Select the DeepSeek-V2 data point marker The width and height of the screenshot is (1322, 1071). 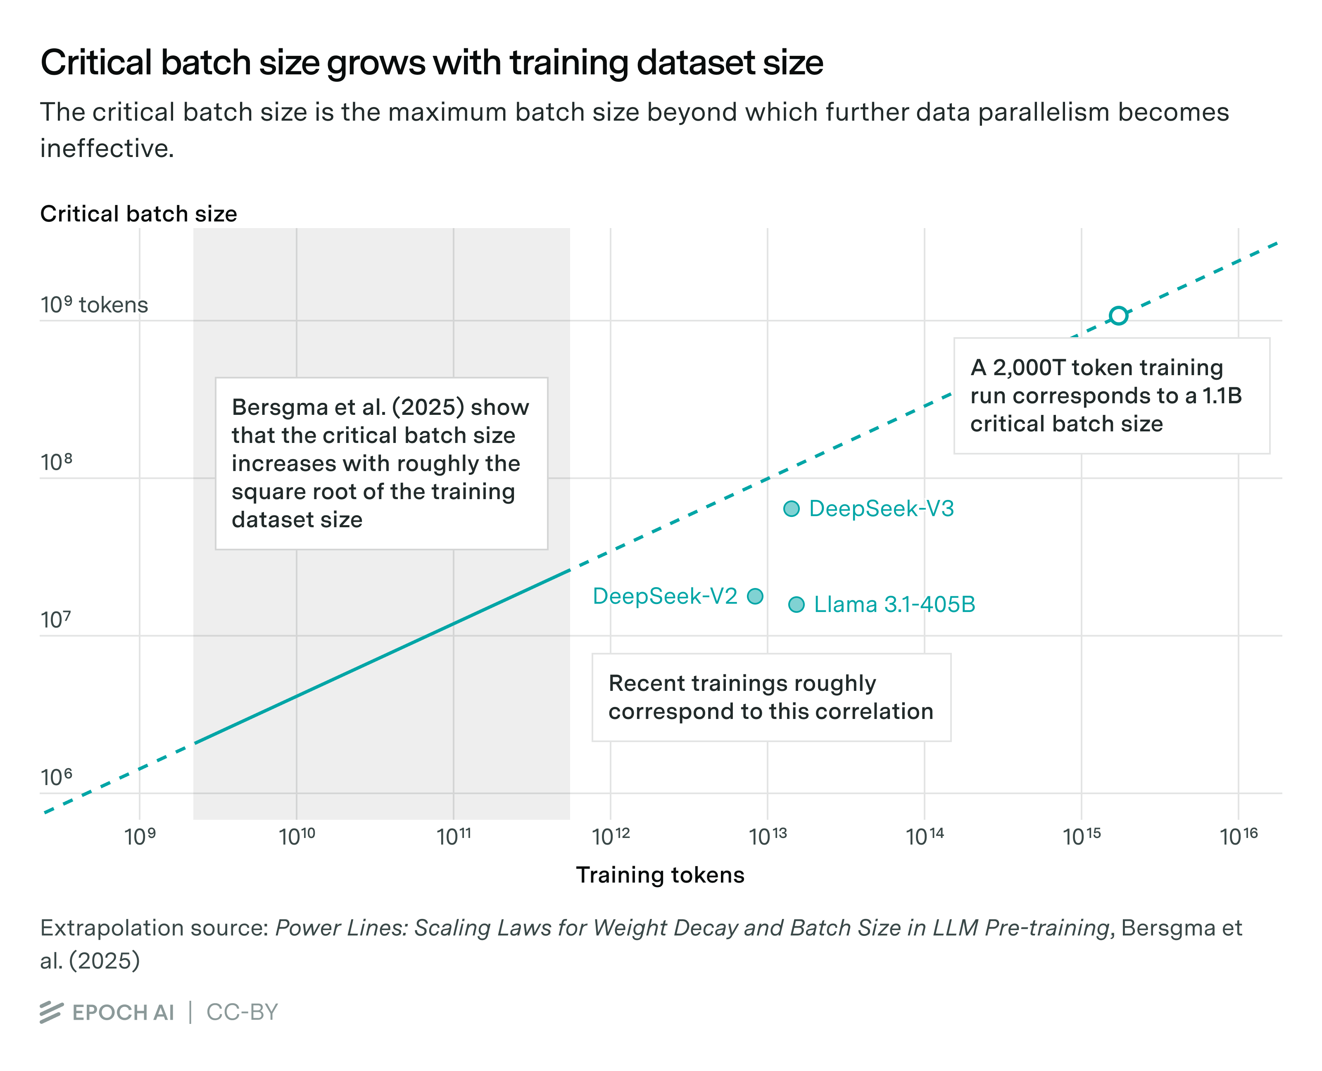pos(755,596)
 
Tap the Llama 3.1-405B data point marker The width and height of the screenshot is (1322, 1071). pos(797,604)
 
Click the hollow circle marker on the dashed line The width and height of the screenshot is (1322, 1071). pos(1118,316)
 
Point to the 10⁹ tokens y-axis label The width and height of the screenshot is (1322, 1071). pos(94,305)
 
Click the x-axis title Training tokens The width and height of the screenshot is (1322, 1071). pos(660,875)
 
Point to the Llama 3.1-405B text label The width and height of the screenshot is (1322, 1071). pos(894,604)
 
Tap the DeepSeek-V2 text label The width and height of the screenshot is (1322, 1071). pos(665,596)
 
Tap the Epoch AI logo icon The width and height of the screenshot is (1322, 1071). pos(51,1012)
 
